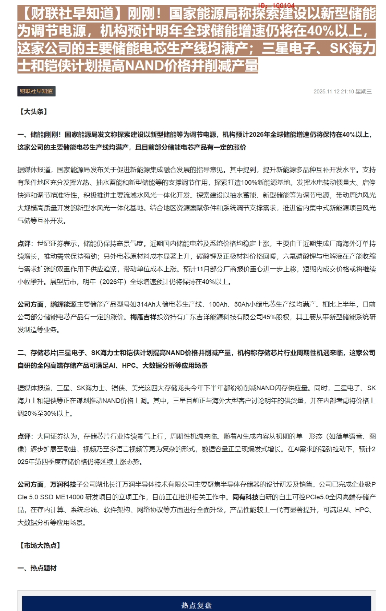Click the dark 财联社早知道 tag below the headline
[x=36, y=91]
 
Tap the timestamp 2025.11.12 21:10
[x=333, y=92]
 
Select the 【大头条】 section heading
[x=33, y=112]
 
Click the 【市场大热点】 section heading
[x=40, y=546]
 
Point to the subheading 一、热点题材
[x=37, y=568]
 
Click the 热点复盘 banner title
[x=196, y=606]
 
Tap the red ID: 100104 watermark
[x=277, y=5]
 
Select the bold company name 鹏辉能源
[x=64, y=304]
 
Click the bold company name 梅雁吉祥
[x=143, y=317]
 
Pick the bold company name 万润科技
[x=63, y=484]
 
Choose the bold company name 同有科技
[x=245, y=497]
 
